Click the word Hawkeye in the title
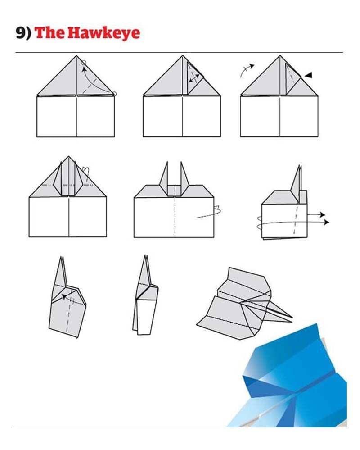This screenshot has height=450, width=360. coord(104,33)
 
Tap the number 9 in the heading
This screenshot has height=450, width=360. coord(21,33)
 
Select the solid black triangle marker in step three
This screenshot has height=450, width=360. coord(308,76)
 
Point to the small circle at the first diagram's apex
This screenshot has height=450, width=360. coord(84,62)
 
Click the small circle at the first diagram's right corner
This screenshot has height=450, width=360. coord(114,94)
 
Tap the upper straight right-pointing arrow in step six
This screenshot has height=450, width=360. coord(316,215)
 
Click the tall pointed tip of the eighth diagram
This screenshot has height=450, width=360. coord(145,256)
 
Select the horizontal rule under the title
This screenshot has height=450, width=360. coord(179,53)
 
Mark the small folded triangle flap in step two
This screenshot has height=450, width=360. coord(193,77)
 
